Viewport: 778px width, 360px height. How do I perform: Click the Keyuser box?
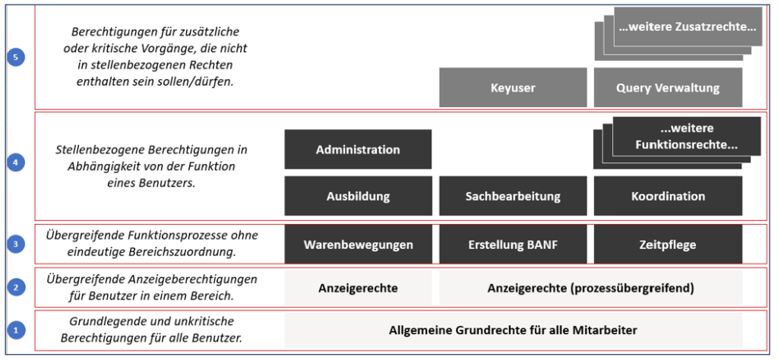(x=513, y=88)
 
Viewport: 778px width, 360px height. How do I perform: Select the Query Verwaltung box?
(x=668, y=88)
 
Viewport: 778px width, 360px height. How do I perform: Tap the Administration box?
(x=358, y=150)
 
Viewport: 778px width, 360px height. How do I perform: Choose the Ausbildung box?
(x=358, y=196)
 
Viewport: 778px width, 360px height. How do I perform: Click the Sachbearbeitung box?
(x=513, y=196)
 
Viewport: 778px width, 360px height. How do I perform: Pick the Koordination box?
(x=668, y=196)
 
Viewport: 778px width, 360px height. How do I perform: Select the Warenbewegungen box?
(x=358, y=245)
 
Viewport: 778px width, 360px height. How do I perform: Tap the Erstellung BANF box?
(x=513, y=245)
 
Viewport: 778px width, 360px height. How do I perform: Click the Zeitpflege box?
(x=668, y=245)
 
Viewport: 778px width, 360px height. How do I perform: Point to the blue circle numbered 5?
(x=16, y=58)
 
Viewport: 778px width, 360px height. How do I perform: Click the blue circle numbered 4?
(x=16, y=163)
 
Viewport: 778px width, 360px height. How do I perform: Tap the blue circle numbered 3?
(x=16, y=244)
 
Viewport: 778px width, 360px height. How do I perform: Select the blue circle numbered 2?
(x=16, y=286)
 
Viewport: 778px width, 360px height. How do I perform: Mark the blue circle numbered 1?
(x=16, y=330)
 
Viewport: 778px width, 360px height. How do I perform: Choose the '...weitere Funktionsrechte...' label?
(x=687, y=137)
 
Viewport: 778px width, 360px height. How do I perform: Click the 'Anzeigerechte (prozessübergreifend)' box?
(x=590, y=288)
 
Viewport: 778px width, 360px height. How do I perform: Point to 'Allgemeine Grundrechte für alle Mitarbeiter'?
(x=513, y=330)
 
